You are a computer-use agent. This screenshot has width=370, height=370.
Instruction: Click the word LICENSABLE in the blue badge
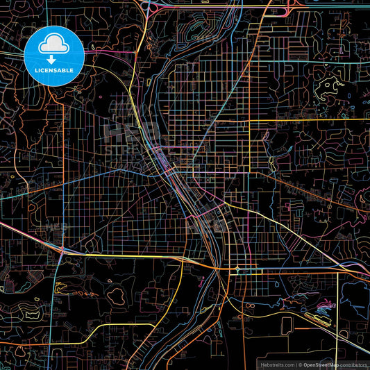point(54,70)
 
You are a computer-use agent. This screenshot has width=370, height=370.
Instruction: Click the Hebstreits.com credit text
point(276,364)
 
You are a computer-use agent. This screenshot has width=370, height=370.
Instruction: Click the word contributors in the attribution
point(353,364)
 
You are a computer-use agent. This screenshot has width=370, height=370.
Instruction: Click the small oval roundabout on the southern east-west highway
point(238,269)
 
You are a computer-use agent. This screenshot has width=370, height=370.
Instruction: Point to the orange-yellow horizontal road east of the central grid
point(312,119)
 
